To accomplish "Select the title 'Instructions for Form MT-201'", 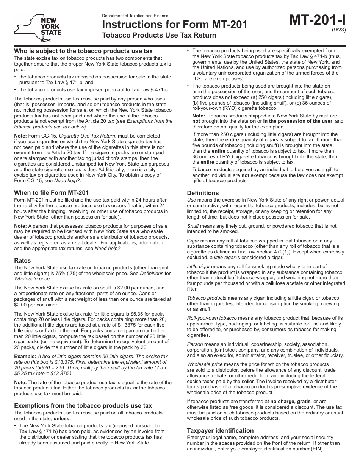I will click(175, 25).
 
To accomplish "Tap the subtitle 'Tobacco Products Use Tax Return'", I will click(159, 35).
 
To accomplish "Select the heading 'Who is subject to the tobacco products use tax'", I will click(83, 51).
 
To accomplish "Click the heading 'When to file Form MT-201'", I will click(51, 192).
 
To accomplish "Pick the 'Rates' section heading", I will click(22, 261).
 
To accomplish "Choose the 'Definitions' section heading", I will click(203, 193).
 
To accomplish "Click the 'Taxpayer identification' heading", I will click(220, 430).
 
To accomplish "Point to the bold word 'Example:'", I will click(25, 357).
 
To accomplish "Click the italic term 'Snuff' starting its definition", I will click(193, 226).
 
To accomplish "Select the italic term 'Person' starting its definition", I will click(195, 344).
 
